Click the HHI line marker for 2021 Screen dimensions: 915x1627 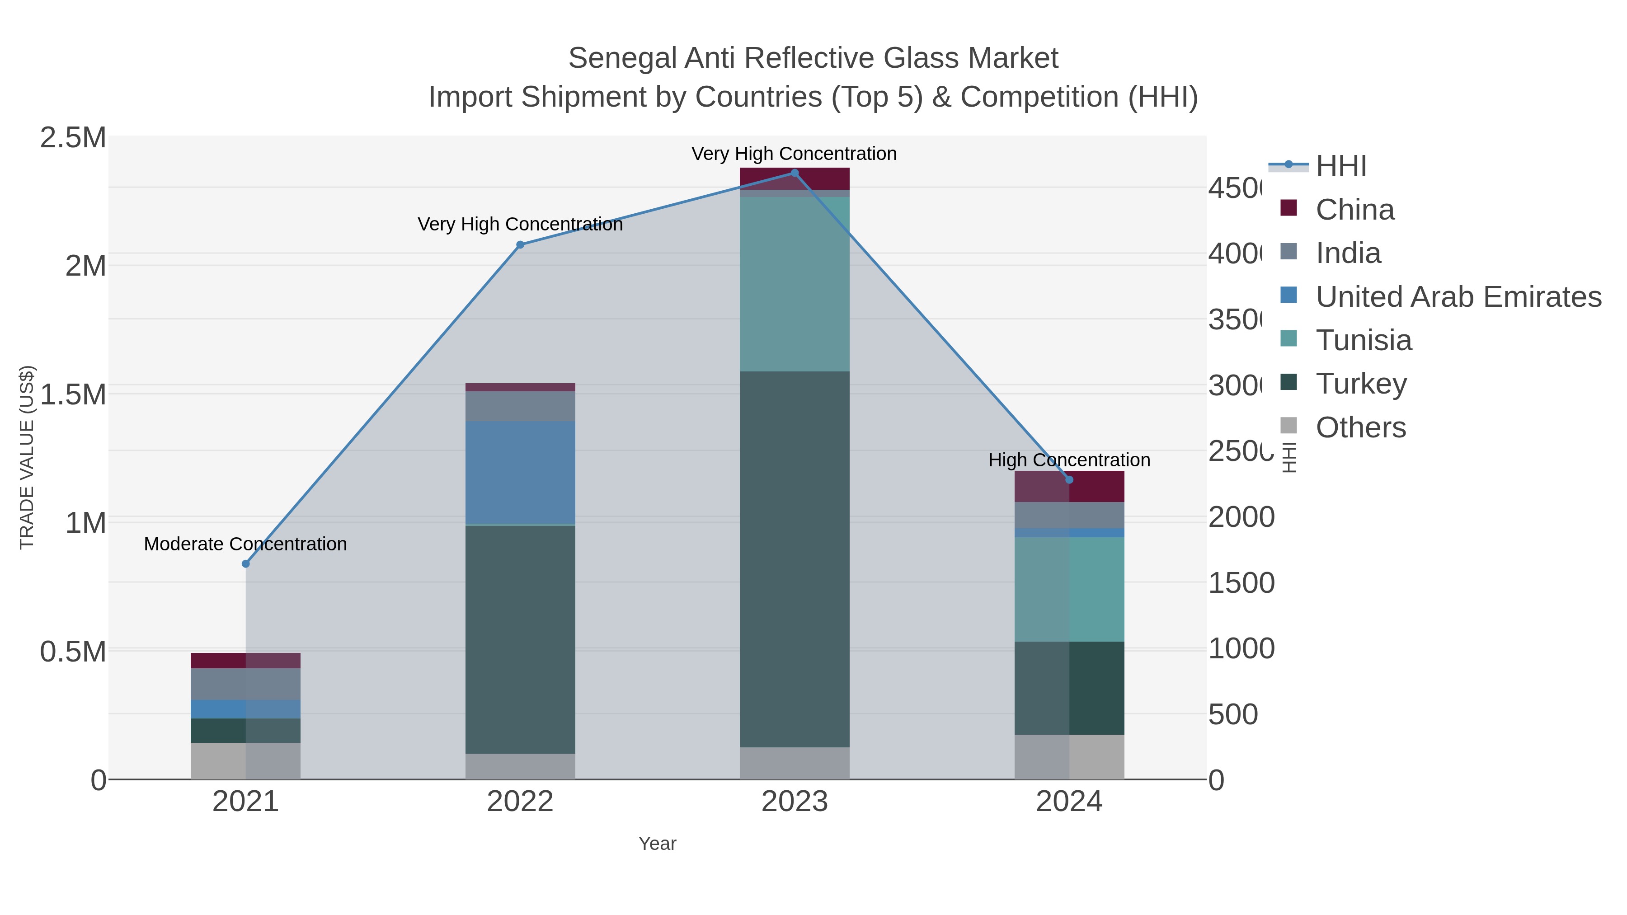click(x=246, y=564)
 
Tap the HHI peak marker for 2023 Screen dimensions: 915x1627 click(x=795, y=173)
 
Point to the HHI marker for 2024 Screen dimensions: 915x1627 click(x=1069, y=480)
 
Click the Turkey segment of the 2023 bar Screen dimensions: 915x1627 click(x=795, y=559)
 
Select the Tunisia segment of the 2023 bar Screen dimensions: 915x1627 click(x=795, y=284)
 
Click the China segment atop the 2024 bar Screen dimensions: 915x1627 click(x=1069, y=486)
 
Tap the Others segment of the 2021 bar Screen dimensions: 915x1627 click(x=246, y=761)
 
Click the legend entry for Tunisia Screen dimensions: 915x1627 click(x=1363, y=340)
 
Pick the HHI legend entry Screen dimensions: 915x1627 click(x=1340, y=166)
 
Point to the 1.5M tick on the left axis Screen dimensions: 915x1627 click(x=73, y=394)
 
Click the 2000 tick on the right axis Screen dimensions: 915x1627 click(x=1241, y=518)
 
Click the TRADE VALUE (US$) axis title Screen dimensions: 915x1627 click(x=27, y=457)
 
